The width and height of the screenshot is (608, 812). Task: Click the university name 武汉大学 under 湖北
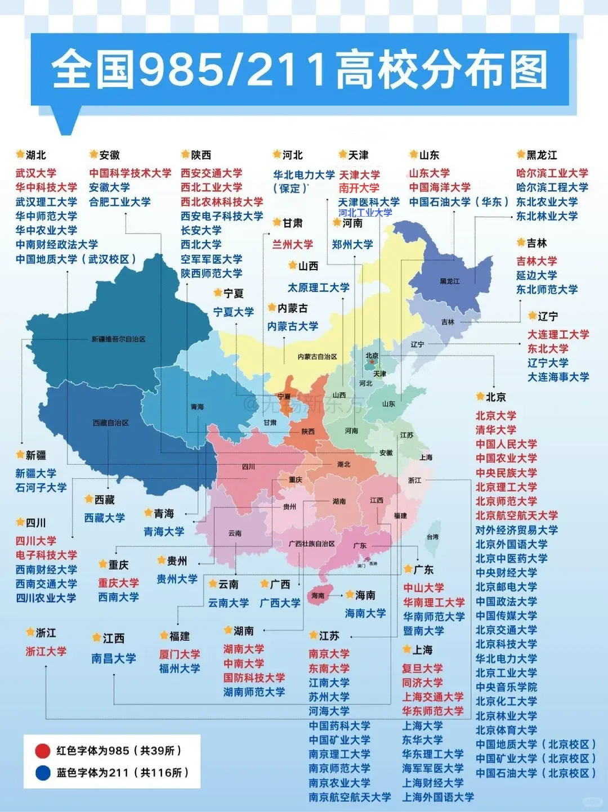tap(36, 173)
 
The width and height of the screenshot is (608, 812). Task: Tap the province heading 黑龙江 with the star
tap(542, 155)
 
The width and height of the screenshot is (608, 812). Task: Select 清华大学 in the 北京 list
tap(495, 429)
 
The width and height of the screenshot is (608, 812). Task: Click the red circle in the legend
tap(43, 751)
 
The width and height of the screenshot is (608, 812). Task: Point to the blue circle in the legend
tap(43, 773)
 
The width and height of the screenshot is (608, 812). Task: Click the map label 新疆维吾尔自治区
tap(118, 339)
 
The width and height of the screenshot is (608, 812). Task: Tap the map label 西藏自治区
tap(110, 423)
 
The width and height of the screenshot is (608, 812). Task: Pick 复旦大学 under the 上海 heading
tap(422, 669)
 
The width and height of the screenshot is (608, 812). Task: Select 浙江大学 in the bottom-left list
tap(46, 651)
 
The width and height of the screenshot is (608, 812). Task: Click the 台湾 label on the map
tap(432, 537)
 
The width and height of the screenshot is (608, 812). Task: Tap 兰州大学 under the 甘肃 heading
tap(292, 244)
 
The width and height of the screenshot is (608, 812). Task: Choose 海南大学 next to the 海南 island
tap(365, 613)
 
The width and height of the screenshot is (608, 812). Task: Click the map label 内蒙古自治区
tap(317, 357)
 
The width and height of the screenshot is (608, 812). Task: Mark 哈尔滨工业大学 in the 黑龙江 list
tap(552, 173)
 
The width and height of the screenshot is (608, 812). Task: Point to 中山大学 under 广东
tap(423, 587)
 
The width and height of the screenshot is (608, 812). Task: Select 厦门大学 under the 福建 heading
tap(179, 654)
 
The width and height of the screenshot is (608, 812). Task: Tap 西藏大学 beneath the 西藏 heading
tap(105, 518)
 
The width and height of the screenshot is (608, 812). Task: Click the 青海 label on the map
tap(197, 407)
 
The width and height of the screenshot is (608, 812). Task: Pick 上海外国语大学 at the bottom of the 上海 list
tap(437, 797)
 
